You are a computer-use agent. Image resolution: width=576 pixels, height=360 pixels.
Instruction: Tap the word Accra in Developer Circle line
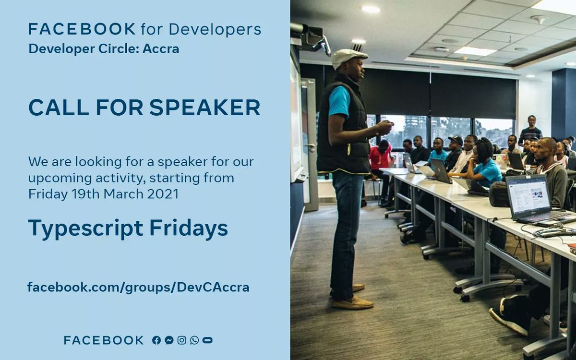(161, 49)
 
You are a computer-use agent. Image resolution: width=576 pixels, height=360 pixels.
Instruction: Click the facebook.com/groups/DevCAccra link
(138, 288)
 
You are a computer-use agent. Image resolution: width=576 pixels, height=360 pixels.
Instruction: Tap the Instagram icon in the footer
(181, 340)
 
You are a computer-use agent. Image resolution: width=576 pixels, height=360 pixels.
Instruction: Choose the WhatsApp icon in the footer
(194, 340)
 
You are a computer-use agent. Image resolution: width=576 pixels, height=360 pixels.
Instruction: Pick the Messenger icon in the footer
(169, 340)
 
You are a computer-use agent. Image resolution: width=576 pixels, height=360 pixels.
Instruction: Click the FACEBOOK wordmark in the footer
(104, 340)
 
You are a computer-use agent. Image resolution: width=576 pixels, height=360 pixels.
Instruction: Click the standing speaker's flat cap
(349, 56)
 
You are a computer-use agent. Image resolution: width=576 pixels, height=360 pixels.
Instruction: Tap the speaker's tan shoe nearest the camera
(352, 303)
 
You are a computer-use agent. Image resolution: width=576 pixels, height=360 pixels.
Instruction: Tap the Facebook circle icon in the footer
(156, 340)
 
